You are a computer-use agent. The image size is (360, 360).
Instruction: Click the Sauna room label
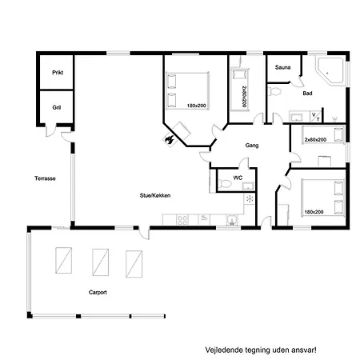282,67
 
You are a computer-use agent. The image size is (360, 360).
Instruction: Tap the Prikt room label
58,73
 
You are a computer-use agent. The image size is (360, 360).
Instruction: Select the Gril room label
57,107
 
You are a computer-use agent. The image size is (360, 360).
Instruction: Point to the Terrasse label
45,178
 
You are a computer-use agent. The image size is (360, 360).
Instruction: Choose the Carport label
98,292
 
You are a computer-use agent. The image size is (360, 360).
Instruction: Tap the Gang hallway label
252,146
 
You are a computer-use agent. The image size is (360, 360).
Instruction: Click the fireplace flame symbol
169,139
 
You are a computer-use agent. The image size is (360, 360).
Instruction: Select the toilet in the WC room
226,184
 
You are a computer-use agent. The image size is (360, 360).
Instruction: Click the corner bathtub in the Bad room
330,70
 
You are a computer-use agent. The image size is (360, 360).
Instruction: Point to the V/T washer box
316,117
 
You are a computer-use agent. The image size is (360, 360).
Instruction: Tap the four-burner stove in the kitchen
182,220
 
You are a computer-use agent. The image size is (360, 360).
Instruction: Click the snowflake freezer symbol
250,198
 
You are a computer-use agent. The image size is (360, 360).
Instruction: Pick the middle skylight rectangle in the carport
100,262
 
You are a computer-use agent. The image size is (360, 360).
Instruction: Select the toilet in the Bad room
274,91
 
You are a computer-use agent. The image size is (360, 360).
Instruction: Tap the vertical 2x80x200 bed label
244,97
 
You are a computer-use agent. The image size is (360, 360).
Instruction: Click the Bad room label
307,94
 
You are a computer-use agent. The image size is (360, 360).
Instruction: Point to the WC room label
238,178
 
